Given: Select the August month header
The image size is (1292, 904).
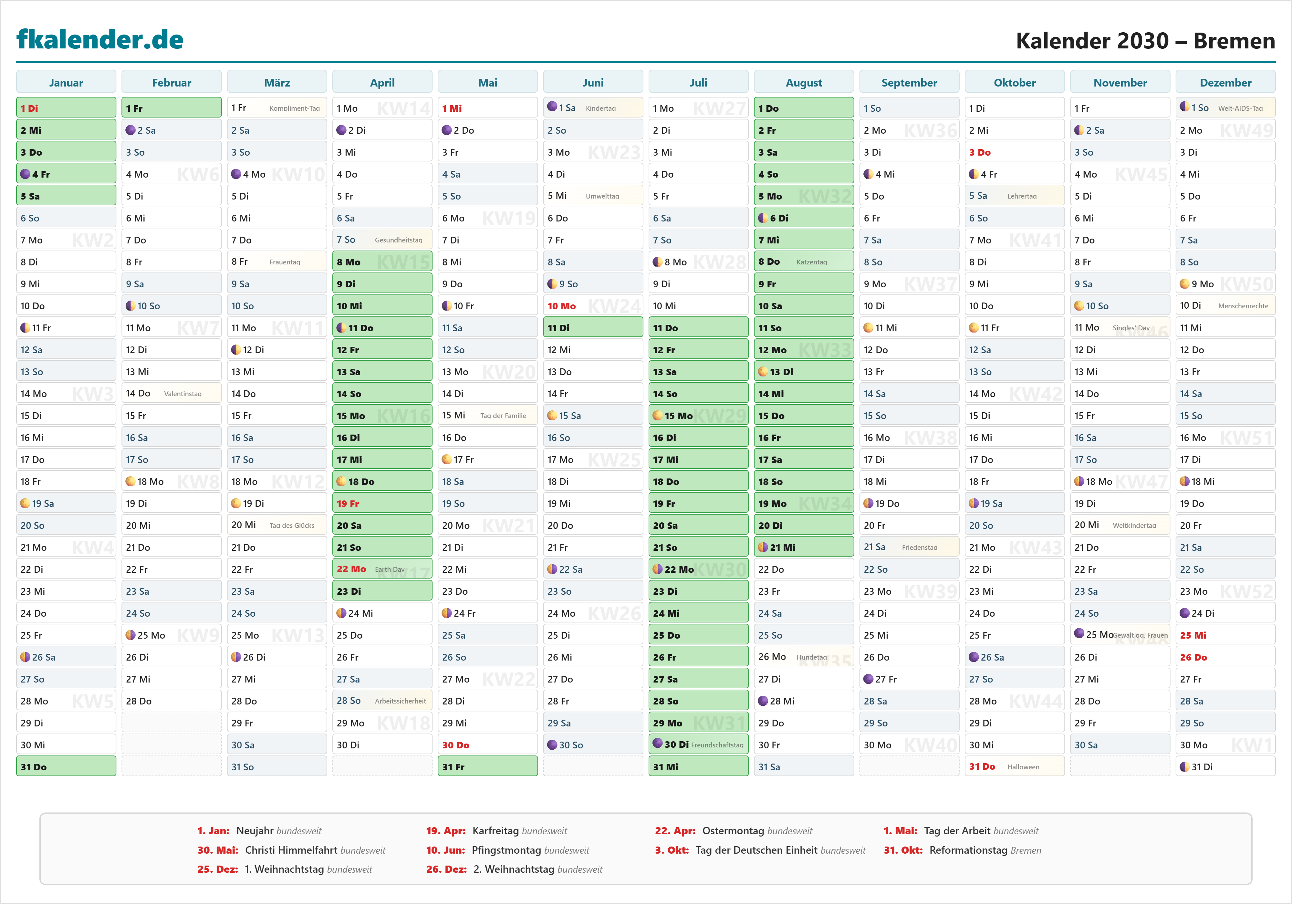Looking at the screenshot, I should coord(804,83).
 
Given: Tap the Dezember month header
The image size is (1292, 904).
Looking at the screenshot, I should coord(1225,83).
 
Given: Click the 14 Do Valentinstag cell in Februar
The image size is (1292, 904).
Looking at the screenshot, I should coord(171,393).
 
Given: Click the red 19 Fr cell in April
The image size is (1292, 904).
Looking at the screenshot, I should coord(382,503).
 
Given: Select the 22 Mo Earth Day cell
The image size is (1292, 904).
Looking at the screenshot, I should coord(382,569).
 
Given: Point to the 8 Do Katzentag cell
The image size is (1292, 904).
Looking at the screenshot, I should coord(804,262).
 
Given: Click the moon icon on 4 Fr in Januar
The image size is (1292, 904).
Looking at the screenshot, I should coord(25,174).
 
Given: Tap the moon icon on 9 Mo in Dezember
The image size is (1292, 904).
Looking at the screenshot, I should coord(1184,283).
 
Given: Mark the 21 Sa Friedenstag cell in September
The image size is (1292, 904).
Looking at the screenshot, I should coord(909,547).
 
